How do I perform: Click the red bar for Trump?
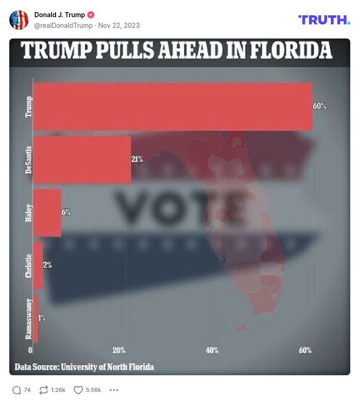(172, 107)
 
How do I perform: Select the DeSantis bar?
(82, 160)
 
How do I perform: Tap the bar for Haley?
(47, 213)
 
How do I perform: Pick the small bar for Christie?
(38, 266)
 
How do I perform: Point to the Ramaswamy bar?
(36, 319)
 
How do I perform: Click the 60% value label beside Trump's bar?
(320, 106)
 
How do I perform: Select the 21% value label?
(137, 159)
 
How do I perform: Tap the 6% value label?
(66, 212)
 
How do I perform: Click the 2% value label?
(48, 265)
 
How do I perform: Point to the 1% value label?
(42, 318)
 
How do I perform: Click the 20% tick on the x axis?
(119, 350)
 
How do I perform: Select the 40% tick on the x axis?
(212, 350)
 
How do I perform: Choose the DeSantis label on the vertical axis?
(29, 160)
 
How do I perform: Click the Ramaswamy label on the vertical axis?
(29, 319)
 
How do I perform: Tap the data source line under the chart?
(84, 367)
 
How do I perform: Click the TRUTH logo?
(324, 20)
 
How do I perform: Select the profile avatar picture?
(19, 20)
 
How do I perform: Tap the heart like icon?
(78, 390)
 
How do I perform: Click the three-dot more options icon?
(114, 390)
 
